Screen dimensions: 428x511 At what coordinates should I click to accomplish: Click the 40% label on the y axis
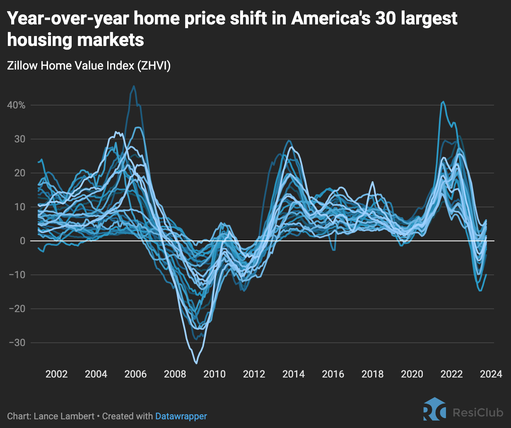(x=16, y=105)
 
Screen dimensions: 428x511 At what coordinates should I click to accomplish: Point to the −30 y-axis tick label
(x=17, y=343)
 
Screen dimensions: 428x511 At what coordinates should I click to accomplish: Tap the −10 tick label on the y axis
(x=17, y=275)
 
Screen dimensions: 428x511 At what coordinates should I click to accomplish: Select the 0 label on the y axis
(x=22, y=241)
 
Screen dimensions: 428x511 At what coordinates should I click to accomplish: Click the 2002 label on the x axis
(x=56, y=374)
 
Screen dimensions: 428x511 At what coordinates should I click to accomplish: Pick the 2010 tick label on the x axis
(x=215, y=374)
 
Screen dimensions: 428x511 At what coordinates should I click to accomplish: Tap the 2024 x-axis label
(x=491, y=374)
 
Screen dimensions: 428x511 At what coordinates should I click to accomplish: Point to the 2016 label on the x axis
(x=333, y=374)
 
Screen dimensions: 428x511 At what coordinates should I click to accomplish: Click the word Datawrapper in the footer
(x=181, y=416)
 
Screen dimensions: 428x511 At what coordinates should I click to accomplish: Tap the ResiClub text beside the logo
(x=478, y=412)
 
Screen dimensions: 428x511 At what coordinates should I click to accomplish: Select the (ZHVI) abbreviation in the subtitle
(x=154, y=65)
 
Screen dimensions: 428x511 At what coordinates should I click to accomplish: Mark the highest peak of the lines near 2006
(x=134, y=86)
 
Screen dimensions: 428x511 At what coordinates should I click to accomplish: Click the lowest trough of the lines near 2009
(x=196, y=363)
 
